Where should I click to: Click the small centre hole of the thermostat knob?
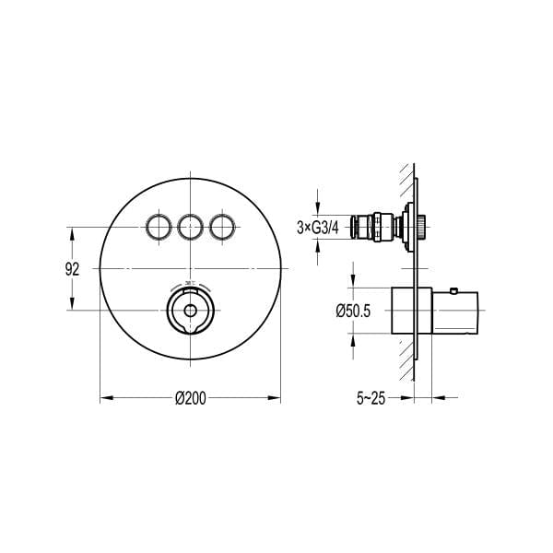[x=190, y=310]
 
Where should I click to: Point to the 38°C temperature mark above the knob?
[x=190, y=284]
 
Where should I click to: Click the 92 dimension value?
[x=73, y=269]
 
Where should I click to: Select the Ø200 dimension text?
[x=190, y=397]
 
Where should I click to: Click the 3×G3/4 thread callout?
[x=321, y=226]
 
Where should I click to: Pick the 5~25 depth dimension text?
[x=371, y=398]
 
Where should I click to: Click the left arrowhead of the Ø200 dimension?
[x=104, y=397]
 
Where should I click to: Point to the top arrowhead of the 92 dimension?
[x=73, y=230]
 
